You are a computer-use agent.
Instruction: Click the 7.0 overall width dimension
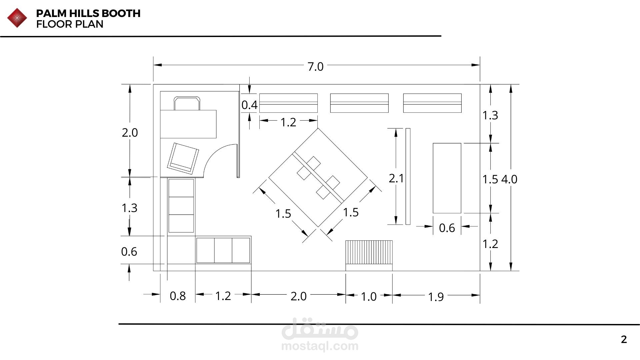(x=315, y=67)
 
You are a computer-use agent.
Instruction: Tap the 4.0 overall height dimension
(x=509, y=179)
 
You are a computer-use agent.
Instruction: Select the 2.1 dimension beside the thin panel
(x=396, y=178)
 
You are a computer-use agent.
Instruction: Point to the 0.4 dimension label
(x=249, y=105)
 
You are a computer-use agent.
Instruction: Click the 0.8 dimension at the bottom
(x=178, y=296)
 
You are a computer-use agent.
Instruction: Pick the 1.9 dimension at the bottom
(x=436, y=297)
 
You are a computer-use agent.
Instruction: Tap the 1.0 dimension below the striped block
(x=369, y=296)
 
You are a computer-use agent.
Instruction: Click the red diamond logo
(x=17, y=18)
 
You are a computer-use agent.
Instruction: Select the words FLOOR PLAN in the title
(x=70, y=24)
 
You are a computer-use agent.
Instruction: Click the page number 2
(x=624, y=339)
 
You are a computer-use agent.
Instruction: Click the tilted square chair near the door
(x=183, y=158)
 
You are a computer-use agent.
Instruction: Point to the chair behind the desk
(x=187, y=103)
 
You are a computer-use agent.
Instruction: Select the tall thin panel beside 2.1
(x=408, y=176)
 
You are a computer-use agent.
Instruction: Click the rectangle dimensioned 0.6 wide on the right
(x=447, y=178)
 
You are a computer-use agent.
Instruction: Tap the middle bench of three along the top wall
(x=359, y=103)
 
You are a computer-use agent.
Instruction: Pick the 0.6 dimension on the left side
(x=129, y=251)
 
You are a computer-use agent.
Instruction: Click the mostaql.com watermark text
(x=320, y=346)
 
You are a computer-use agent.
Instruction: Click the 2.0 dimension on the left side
(x=130, y=133)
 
